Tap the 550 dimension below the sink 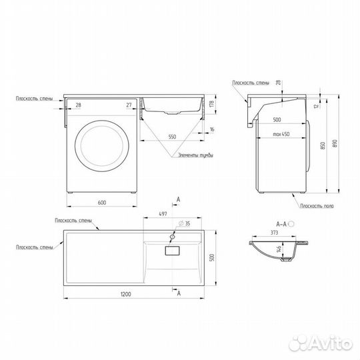(172, 136)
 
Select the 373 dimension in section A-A (275, 232)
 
